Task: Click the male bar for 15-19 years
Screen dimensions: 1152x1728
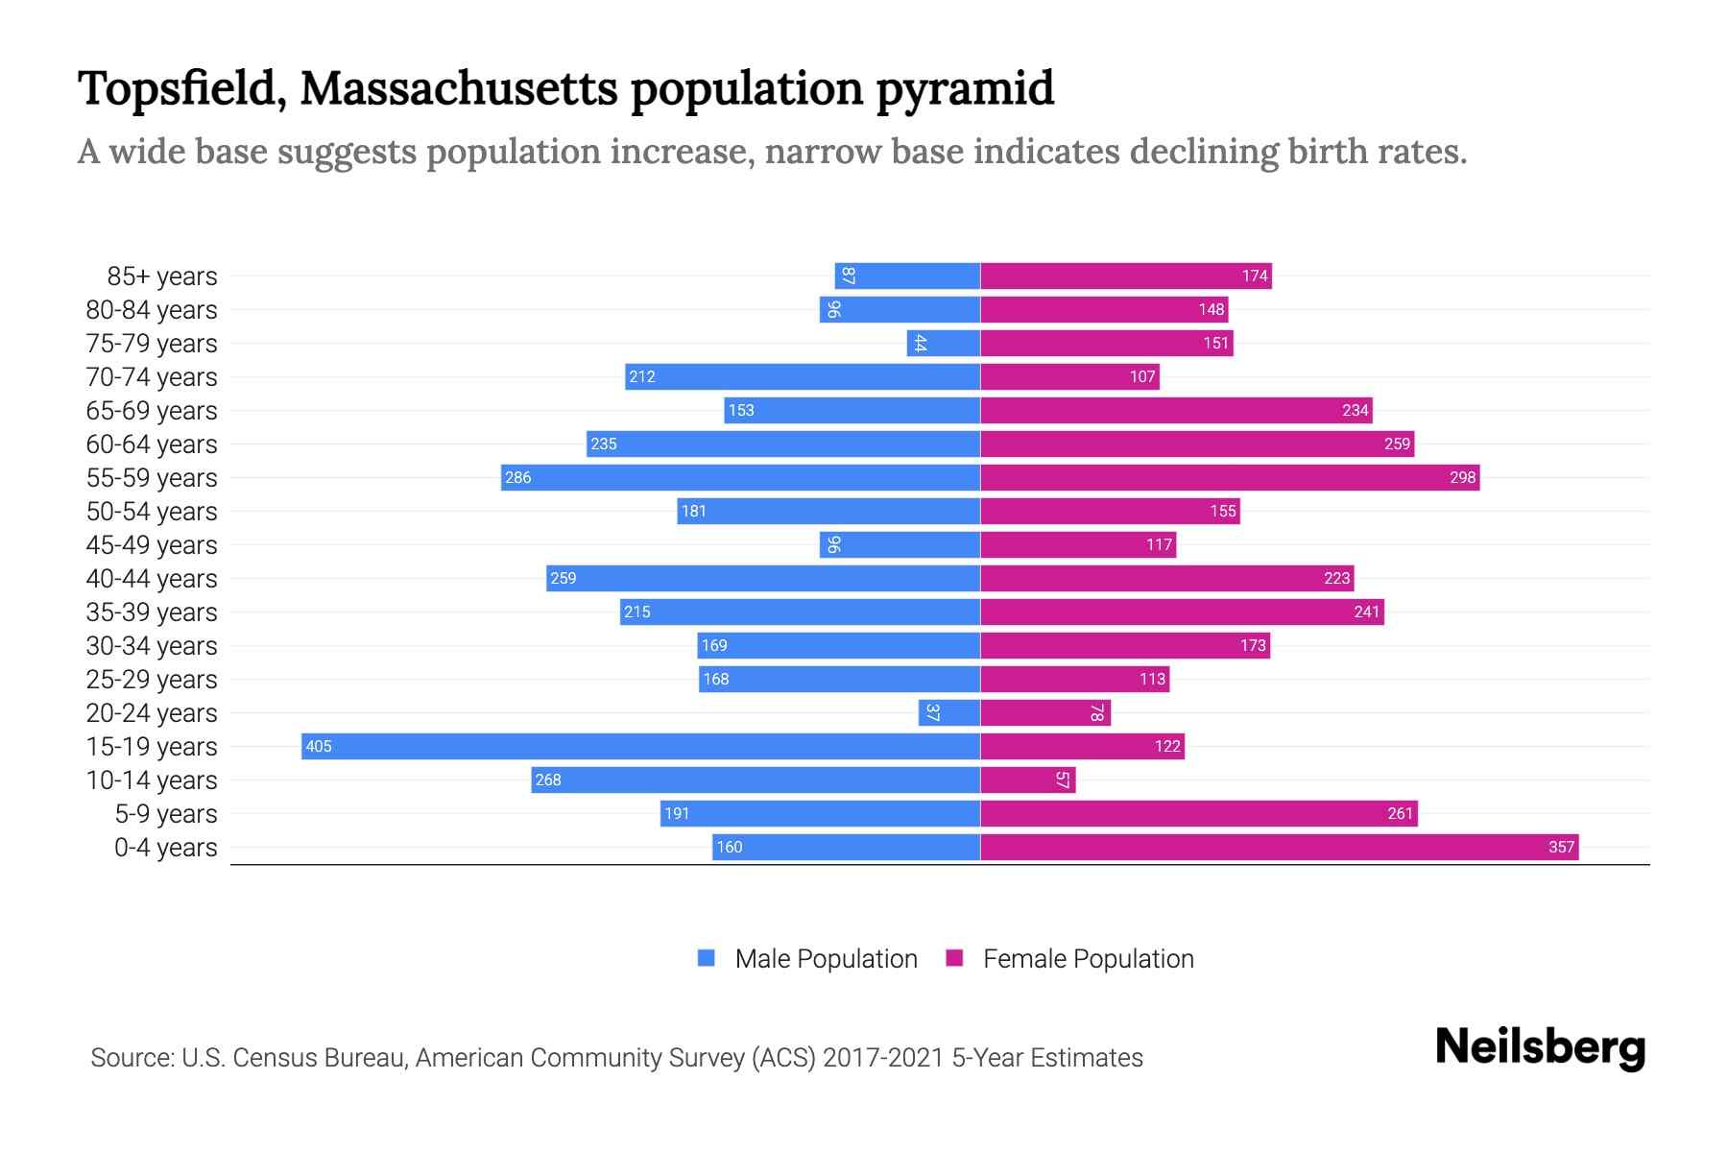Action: coord(640,746)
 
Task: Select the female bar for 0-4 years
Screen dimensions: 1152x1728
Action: coord(1279,847)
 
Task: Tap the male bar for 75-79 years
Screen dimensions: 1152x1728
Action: coord(943,343)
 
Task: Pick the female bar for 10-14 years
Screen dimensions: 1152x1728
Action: coord(1027,780)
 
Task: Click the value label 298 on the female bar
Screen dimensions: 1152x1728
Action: coord(1462,477)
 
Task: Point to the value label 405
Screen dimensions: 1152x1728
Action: coord(319,746)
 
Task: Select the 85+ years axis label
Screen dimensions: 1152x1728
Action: coord(162,276)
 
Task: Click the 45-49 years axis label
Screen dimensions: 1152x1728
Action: coord(152,545)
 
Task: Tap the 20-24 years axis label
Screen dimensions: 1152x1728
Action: coord(152,713)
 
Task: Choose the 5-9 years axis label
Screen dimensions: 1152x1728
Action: coord(166,814)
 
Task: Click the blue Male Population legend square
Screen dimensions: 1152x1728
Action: coord(707,958)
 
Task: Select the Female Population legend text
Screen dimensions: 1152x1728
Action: coord(1088,959)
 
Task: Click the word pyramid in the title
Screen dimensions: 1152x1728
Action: coord(965,88)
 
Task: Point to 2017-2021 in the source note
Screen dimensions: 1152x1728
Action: coord(883,1058)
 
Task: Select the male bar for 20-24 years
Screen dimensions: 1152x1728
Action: coord(948,712)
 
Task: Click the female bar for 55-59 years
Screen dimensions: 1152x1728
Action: coord(1229,477)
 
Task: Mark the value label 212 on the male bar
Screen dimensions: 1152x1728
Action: coord(642,376)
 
